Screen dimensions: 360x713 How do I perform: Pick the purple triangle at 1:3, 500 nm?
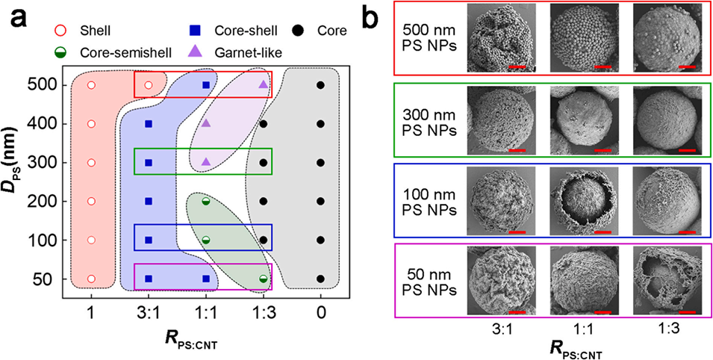point(263,85)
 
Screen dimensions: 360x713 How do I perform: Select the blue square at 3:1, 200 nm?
point(148,201)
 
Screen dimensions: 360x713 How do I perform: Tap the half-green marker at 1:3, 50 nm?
point(263,279)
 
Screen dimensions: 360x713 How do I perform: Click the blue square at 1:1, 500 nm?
point(206,85)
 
